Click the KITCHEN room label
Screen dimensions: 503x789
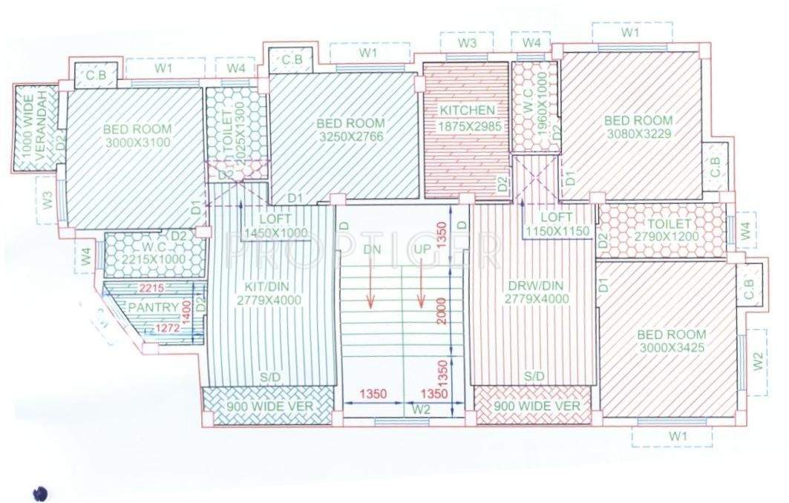point(467,111)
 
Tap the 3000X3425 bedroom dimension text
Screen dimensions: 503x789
point(672,347)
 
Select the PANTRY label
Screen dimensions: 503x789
point(153,307)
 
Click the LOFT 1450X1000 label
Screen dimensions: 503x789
point(275,226)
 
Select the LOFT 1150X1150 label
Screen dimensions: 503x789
point(557,224)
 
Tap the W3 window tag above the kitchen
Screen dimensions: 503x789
point(466,43)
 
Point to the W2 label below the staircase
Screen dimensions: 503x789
point(422,408)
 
